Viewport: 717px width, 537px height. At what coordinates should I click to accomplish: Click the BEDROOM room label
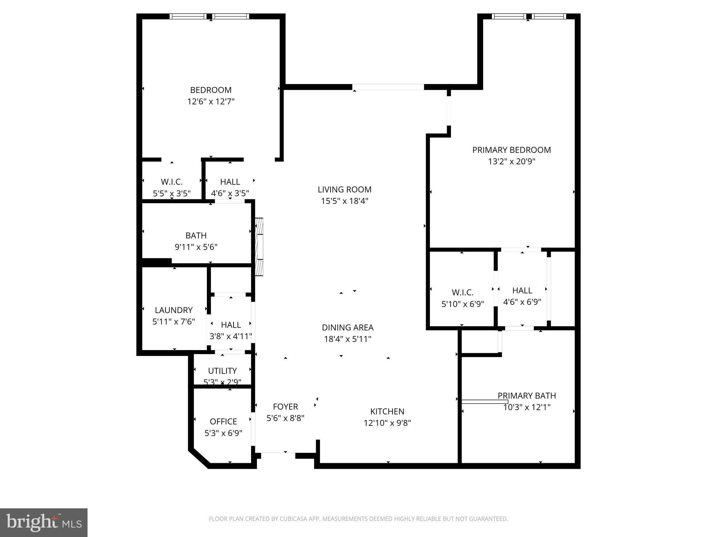click(211, 90)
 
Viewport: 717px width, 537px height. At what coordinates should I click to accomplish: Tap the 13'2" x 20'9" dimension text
click(511, 162)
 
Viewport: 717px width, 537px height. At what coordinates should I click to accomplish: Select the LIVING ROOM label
click(344, 189)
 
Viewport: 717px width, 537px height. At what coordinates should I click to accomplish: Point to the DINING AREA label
click(348, 328)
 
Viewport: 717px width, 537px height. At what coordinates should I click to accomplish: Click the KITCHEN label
click(387, 411)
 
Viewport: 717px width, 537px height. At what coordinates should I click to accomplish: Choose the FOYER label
click(285, 407)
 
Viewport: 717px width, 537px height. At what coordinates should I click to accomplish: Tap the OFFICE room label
click(223, 422)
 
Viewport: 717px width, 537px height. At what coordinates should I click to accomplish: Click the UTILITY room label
click(222, 371)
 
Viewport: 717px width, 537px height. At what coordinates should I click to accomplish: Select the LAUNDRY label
click(174, 310)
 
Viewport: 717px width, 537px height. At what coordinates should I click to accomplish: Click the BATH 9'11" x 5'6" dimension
click(196, 247)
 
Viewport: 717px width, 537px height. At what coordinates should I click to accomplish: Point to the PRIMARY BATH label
click(527, 396)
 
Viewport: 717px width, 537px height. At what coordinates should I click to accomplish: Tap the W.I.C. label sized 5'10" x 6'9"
click(462, 293)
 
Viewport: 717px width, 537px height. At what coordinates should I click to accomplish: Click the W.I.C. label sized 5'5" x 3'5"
click(172, 182)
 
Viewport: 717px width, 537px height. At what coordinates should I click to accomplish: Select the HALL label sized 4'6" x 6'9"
click(522, 291)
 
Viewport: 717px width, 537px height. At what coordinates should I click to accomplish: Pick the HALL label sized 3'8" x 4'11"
click(231, 325)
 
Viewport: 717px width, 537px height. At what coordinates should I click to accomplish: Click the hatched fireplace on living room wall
click(259, 246)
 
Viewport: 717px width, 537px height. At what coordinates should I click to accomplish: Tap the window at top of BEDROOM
click(209, 16)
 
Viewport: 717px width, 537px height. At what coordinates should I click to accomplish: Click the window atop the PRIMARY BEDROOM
click(529, 16)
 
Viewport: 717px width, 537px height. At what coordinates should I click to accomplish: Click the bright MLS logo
click(44, 523)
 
